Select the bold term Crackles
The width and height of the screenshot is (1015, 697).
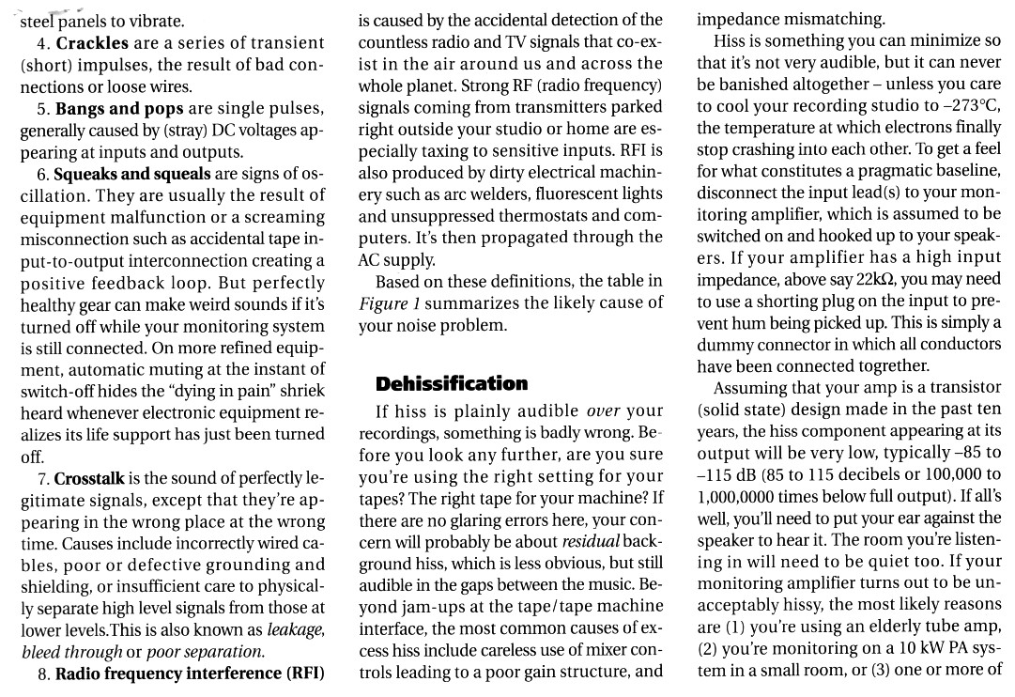[94, 43]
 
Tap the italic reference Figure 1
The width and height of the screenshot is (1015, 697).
[388, 303]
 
